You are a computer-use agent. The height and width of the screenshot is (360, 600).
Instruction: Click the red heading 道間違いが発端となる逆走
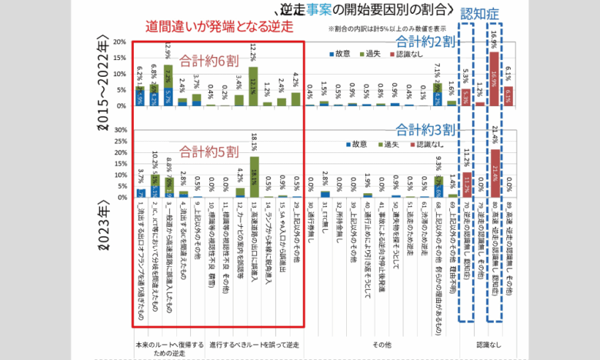coord(219,26)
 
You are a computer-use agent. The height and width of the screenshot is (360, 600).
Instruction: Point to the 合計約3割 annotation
coord(425,130)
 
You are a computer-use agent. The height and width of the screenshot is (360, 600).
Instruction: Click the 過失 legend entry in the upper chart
coord(372,54)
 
